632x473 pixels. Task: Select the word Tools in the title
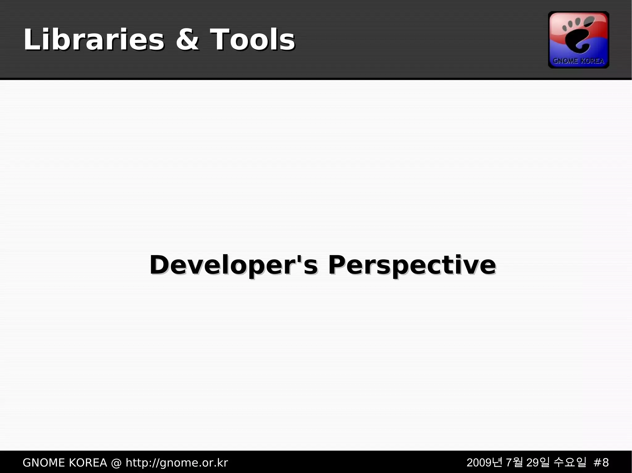tap(252, 39)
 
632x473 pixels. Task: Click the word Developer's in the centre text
tap(233, 265)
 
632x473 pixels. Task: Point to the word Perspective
tap(412, 265)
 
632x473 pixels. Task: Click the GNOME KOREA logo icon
tap(578, 40)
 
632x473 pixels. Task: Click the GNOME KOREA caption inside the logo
tap(578, 61)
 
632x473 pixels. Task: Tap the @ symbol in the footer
tap(116, 463)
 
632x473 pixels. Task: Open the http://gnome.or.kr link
tap(177, 463)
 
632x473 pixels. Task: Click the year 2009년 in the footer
tap(484, 463)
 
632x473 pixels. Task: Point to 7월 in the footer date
tap(514, 463)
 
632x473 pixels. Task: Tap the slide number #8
tap(601, 463)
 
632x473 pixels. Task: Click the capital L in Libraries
tap(31, 39)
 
